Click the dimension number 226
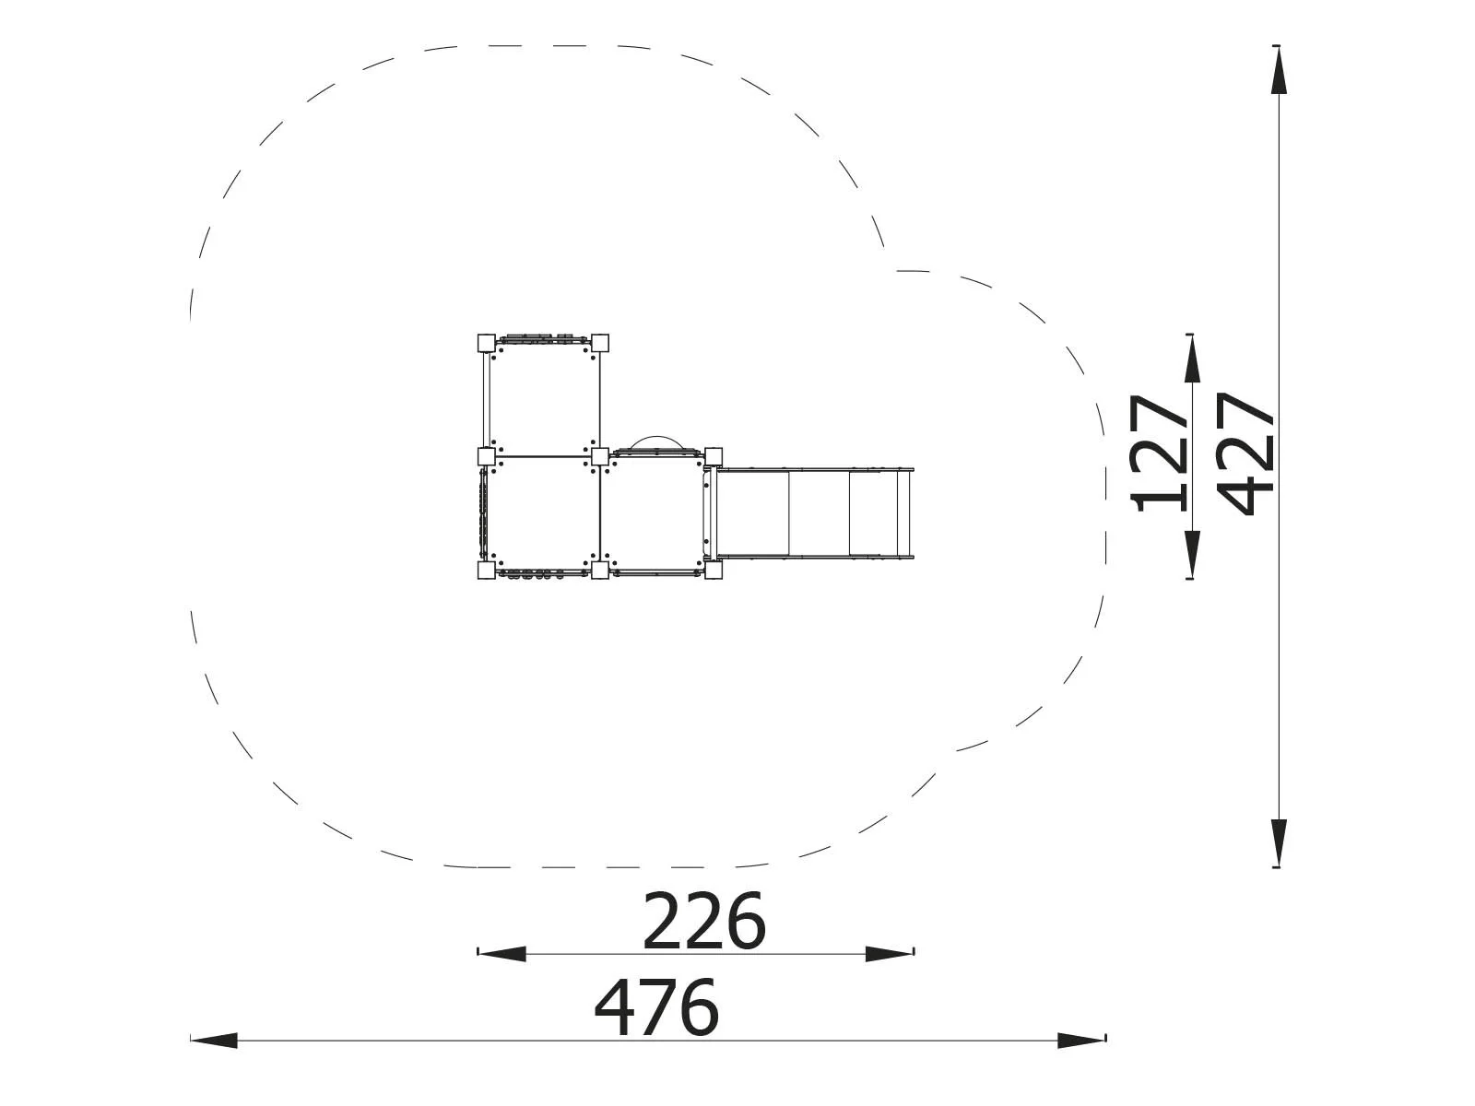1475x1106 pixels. coord(703,921)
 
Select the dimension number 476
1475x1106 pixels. coord(655,1007)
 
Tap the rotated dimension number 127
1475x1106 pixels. coord(1162,453)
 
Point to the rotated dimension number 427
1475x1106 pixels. coord(1246,453)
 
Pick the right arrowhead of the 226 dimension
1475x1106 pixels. coord(890,954)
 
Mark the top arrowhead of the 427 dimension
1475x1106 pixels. coord(1279,70)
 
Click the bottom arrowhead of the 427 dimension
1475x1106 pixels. coord(1279,842)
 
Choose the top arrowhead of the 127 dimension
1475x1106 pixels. coord(1192,359)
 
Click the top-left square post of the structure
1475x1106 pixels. coord(486,343)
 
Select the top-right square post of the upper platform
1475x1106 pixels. coord(600,343)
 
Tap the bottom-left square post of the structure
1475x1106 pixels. coord(486,571)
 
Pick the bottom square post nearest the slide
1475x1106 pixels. coord(713,571)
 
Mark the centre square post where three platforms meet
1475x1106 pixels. coord(600,456)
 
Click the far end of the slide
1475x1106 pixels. coord(908,513)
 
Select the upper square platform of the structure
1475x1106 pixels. coord(543,399)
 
